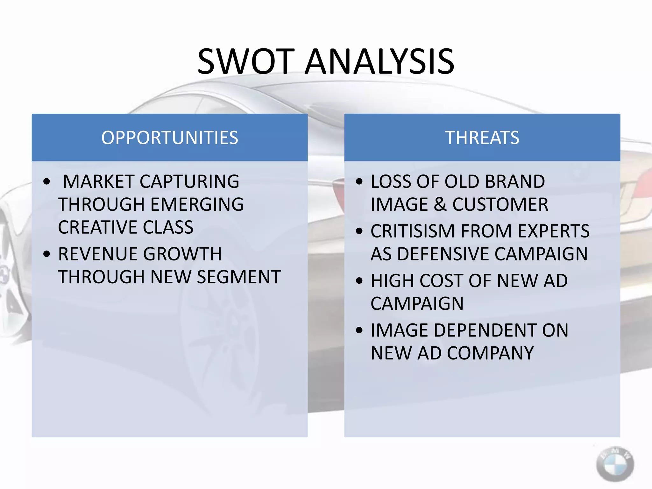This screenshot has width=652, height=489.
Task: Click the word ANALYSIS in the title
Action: [x=380, y=61]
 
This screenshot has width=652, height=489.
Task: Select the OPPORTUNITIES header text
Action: [x=170, y=138]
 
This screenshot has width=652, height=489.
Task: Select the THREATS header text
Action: [x=482, y=138]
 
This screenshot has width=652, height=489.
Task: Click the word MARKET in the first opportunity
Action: [x=99, y=182]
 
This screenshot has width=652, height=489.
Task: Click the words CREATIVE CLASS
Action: [x=125, y=227]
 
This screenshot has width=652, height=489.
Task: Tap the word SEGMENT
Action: [x=239, y=277]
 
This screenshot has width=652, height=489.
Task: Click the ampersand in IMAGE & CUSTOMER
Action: [x=440, y=204]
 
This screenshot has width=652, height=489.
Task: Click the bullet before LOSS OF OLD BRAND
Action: [x=359, y=182]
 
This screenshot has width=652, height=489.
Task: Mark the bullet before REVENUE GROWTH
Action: [x=47, y=254]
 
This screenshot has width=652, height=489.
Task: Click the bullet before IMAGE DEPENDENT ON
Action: [x=359, y=330]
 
